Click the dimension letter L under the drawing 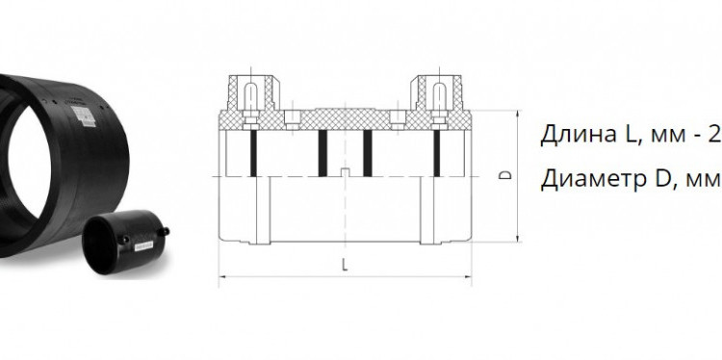coord(345,265)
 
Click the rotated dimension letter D coord(505,175)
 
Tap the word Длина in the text coord(569,136)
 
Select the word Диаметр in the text coord(593,179)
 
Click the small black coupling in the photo coord(125,242)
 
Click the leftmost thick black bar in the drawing coord(253,153)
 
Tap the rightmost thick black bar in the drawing coord(436,153)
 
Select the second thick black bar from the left coord(322,153)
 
